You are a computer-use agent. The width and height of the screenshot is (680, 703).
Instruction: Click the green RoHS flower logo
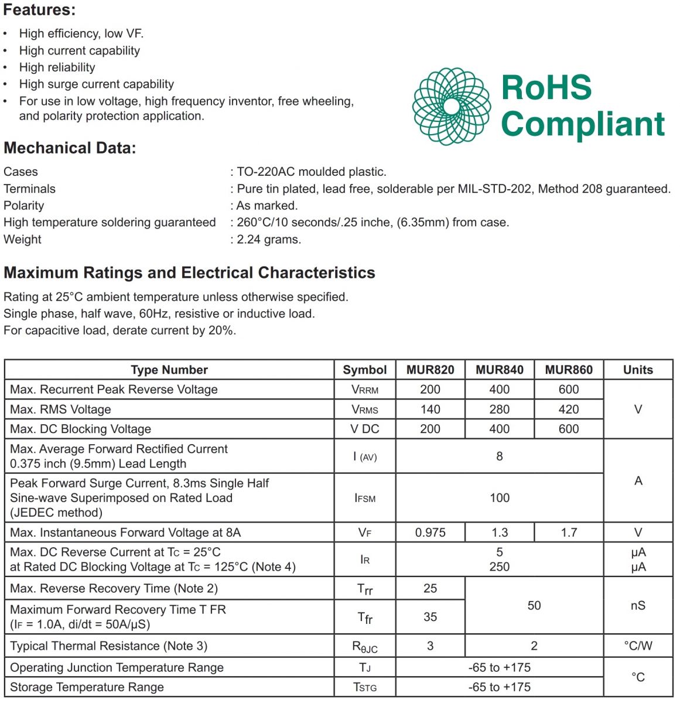tap(451, 106)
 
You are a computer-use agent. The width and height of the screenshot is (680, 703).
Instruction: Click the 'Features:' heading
tap(39, 10)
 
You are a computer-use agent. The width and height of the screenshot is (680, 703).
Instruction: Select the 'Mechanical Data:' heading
tap(70, 148)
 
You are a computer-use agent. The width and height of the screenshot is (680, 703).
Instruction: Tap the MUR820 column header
tap(430, 370)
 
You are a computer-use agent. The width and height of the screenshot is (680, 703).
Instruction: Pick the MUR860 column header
tap(569, 370)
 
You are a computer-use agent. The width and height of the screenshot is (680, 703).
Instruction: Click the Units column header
tap(638, 370)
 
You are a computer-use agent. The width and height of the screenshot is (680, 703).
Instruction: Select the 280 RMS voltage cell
tap(499, 409)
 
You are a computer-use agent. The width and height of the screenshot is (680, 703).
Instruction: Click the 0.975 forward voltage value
tap(430, 533)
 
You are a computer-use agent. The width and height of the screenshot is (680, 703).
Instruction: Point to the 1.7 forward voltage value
tap(569, 533)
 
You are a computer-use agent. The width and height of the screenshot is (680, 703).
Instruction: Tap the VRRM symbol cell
tap(365, 390)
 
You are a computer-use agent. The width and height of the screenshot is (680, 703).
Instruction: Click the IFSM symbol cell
tap(365, 498)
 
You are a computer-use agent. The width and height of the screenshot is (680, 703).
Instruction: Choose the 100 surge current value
tap(499, 498)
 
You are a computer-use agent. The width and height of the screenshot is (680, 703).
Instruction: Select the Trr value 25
tap(430, 588)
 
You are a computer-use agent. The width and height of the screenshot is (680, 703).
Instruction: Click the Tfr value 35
tap(430, 617)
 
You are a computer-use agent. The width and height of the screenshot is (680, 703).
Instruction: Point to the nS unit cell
tap(638, 605)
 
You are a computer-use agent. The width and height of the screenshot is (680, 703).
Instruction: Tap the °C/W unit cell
tap(638, 646)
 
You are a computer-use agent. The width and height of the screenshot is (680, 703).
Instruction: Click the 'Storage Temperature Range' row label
tap(87, 687)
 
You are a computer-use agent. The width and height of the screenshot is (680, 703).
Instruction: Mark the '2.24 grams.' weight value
tap(269, 239)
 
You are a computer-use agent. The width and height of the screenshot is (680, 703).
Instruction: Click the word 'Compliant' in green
tap(583, 124)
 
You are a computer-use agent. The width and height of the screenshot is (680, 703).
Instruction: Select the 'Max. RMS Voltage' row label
tap(60, 409)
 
